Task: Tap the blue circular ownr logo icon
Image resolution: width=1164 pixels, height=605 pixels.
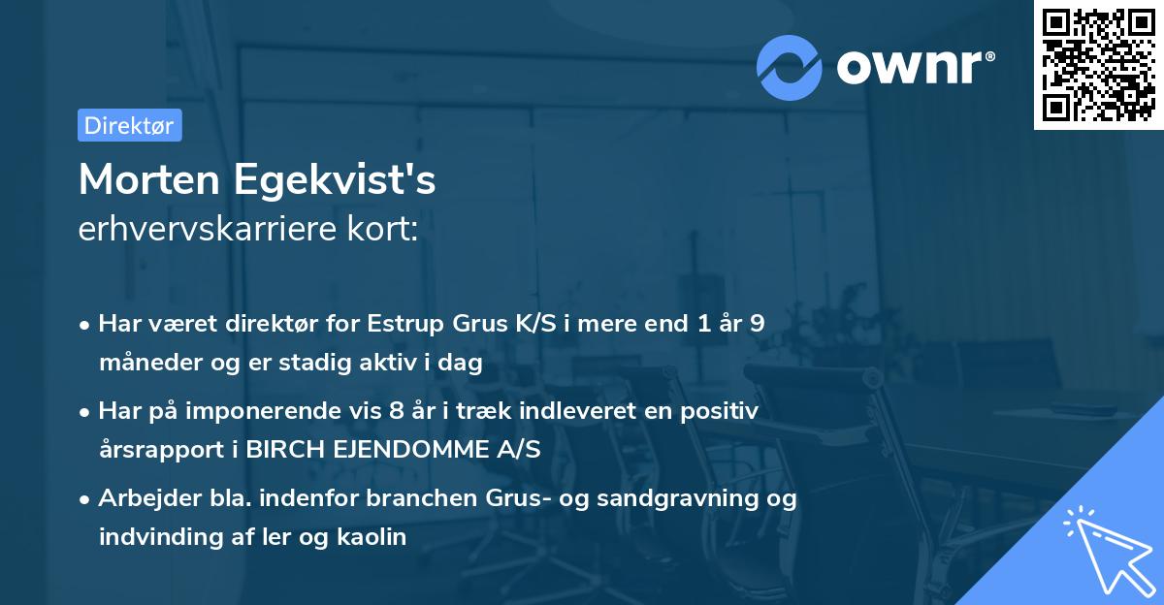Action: point(790,67)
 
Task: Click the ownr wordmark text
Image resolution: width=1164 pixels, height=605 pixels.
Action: point(915,68)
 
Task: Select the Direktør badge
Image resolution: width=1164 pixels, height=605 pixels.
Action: point(129,125)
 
